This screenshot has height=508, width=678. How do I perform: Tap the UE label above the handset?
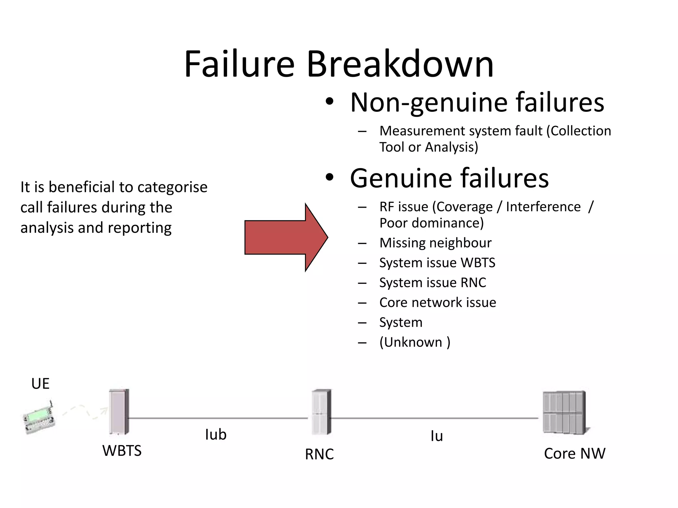coord(40,384)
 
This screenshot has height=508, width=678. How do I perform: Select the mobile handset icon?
coord(38,418)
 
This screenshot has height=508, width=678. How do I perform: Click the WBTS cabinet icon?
coord(119,412)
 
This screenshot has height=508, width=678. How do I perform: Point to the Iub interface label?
coord(216,435)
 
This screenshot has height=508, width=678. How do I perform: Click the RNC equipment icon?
coord(321,412)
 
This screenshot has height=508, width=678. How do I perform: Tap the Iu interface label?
coord(436,436)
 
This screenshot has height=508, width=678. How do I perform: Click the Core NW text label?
coord(574,453)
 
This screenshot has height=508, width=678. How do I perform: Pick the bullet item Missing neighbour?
coord(435,243)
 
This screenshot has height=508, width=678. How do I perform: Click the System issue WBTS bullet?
coord(437,263)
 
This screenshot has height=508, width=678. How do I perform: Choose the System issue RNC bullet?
coord(432,283)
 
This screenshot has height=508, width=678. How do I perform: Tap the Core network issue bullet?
coord(437,303)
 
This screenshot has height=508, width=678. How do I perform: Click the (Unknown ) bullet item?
coord(414,342)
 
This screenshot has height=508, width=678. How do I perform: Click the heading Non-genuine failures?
coord(477,102)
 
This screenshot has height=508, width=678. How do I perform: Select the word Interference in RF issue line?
coord(543,207)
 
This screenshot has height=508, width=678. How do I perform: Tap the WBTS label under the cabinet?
coord(122,451)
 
